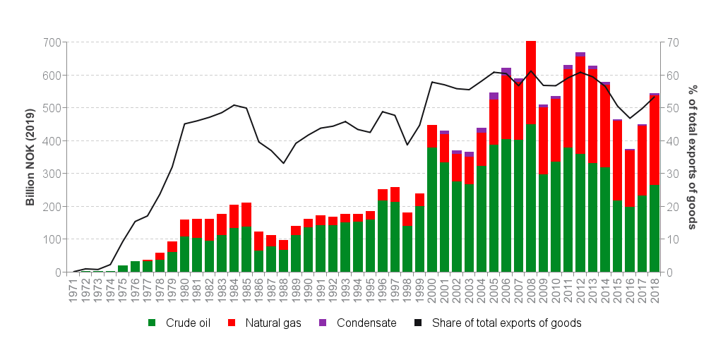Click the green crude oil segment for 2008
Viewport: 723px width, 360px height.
point(531,198)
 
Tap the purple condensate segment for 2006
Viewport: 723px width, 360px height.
point(506,71)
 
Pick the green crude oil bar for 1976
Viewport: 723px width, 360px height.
point(135,267)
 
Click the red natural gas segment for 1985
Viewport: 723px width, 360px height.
point(246,215)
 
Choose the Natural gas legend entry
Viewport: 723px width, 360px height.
point(265,323)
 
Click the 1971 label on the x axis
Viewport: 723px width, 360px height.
point(73,290)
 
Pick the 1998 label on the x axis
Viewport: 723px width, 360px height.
point(407,290)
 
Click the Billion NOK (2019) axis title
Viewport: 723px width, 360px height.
point(30,157)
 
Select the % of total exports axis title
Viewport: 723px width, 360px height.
point(693,157)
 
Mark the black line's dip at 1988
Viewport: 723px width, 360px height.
point(283,163)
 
